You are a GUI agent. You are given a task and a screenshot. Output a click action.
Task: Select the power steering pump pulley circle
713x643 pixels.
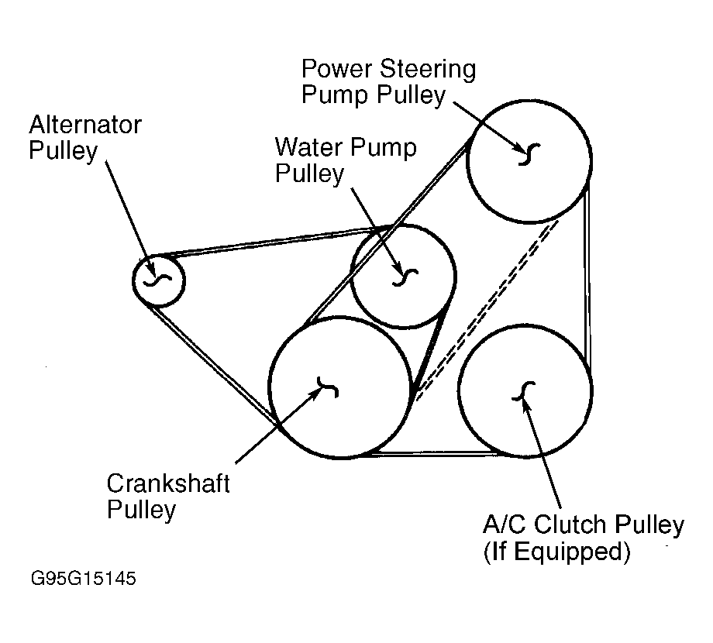(x=529, y=160)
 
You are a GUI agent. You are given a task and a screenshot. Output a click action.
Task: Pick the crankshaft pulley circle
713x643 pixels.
(x=339, y=386)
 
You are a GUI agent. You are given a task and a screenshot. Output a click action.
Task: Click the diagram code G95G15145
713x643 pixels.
(x=84, y=579)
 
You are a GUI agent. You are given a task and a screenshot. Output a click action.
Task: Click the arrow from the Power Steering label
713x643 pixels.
(x=489, y=124)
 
